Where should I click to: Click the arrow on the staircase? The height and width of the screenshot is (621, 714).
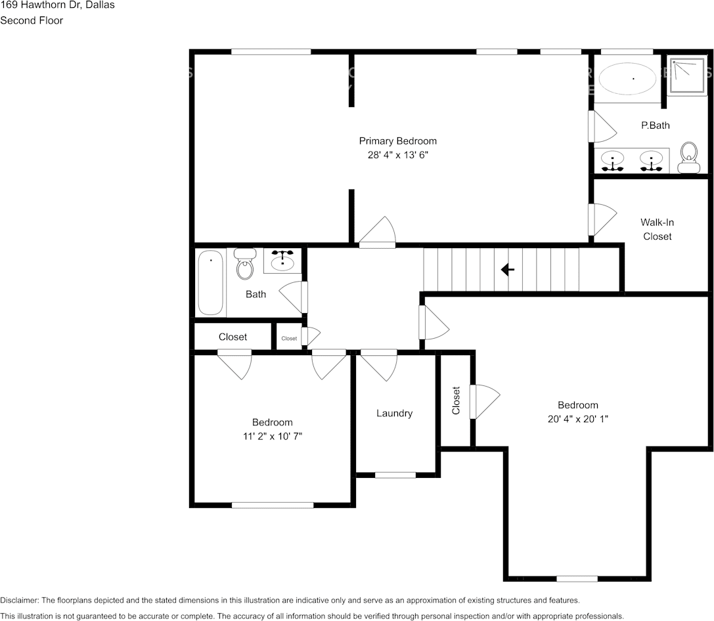(x=507, y=270)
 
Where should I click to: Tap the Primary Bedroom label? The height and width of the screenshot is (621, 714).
(x=397, y=141)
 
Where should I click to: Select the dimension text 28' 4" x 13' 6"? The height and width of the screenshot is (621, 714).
(x=397, y=156)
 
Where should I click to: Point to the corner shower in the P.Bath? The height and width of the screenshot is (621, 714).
(x=687, y=75)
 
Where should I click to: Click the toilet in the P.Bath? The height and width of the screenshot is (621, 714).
(x=689, y=158)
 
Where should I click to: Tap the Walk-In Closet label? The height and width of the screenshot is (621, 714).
(x=657, y=229)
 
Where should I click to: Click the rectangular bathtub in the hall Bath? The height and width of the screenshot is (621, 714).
(x=211, y=283)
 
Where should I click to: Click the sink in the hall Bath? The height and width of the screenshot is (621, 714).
(x=283, y=261)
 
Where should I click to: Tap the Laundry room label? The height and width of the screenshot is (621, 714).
(x=394, y=413)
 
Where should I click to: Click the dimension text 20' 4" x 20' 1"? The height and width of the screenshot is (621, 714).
(x=578, y=419)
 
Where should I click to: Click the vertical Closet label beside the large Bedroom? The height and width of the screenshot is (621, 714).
(x=456, y=400)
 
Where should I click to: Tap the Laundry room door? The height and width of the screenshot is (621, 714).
(x=379, y=364)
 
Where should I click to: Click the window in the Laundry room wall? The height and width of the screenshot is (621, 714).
(x=395, y=475)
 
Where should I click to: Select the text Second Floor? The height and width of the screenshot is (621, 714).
(x=32, y=20)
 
